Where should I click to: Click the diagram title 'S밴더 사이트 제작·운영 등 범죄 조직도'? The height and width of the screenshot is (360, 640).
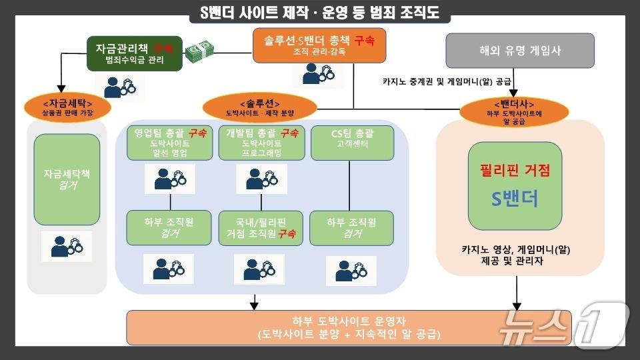320,13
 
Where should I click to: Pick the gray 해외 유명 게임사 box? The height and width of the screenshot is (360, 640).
519,50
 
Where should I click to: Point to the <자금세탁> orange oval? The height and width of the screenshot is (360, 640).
67,107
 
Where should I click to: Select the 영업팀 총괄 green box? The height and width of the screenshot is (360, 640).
170,143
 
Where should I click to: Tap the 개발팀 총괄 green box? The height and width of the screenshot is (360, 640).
261,143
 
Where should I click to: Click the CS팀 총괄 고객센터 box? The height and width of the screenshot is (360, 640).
352,143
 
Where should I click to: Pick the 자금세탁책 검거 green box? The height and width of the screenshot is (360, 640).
67,179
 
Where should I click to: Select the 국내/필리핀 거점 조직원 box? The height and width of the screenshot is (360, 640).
261,227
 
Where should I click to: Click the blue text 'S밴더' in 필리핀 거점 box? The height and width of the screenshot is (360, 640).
514,199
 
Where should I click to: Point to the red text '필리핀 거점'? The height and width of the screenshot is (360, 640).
515,170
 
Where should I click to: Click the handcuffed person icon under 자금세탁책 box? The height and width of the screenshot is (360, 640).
67,247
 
